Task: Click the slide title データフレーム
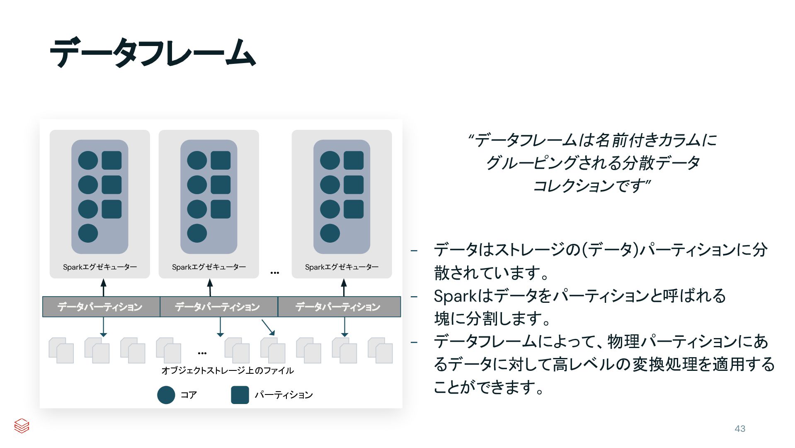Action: click(x=153, y=53)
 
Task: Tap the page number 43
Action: click(x=740, y=429)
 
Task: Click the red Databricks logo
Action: click(x=22, y=426)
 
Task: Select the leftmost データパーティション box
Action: click(x=101, y=307)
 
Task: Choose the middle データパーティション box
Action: click(x=218, y=307)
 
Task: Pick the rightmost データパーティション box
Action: click(x=338, y=307)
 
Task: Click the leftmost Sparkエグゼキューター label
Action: click(x=100, y=267)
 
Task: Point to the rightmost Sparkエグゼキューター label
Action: click(x=342, y=267)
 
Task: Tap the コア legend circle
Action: click(x=166, y=395)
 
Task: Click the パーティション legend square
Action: click(x=240, y=395)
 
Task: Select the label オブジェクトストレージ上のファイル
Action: click(x=228, y=370)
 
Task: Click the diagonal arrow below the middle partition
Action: click(x=268, y=327)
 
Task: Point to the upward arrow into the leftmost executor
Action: click(x=104, y=287)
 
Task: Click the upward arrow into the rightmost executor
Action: click(x=344, y=287)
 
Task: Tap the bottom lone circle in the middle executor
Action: click(x=197, y=233)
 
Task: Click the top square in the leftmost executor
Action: click(x=111, y=160)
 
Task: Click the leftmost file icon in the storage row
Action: click(x=61, y=351)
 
